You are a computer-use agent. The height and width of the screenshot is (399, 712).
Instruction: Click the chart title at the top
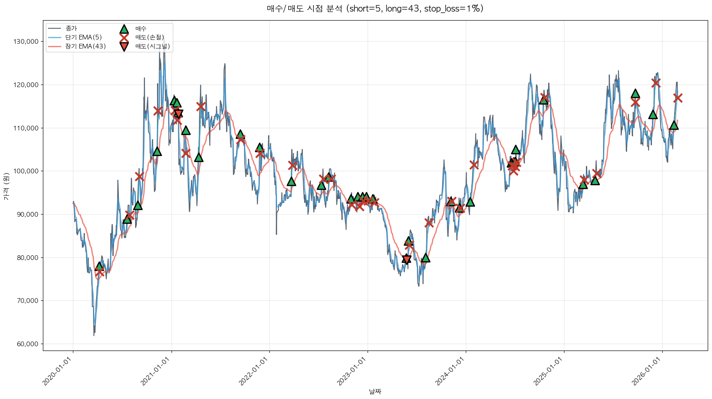pos(375,9)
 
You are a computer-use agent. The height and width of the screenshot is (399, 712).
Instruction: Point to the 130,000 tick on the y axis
pos(26,42)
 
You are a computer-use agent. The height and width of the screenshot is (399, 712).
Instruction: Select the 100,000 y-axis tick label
pos(26,171)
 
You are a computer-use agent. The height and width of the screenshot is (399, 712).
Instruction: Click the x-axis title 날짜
pos(375,391)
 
